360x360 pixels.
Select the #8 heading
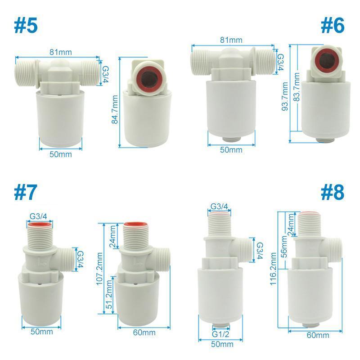(x=333, y=192)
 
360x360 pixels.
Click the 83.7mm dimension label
(x=297, y=93)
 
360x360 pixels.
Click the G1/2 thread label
(x=221, y=334)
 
